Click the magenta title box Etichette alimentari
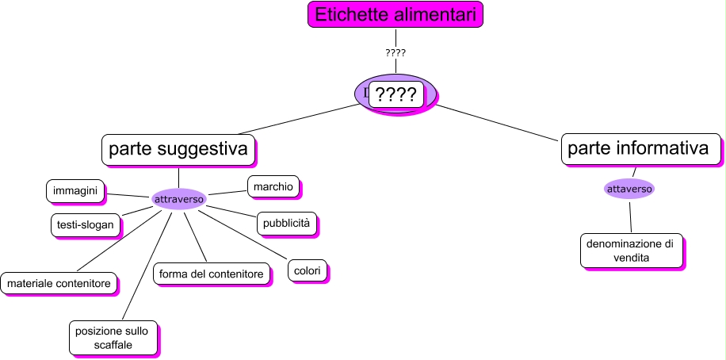click(395, 14)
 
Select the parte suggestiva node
click(178, 148)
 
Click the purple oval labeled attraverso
click(178, 198)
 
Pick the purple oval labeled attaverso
click(629, 190)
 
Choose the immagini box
click(75, 191)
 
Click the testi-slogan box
click(86, 224)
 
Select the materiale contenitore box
click(59, 281)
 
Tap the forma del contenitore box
click(211, 274)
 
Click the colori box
click(307, 270)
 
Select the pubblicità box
click(286, 223)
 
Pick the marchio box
click(273, 186)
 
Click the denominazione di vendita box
click(630, 251)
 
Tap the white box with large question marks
click(395, 94)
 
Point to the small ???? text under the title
click(395, 53)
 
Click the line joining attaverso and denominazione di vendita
click(630, 216)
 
